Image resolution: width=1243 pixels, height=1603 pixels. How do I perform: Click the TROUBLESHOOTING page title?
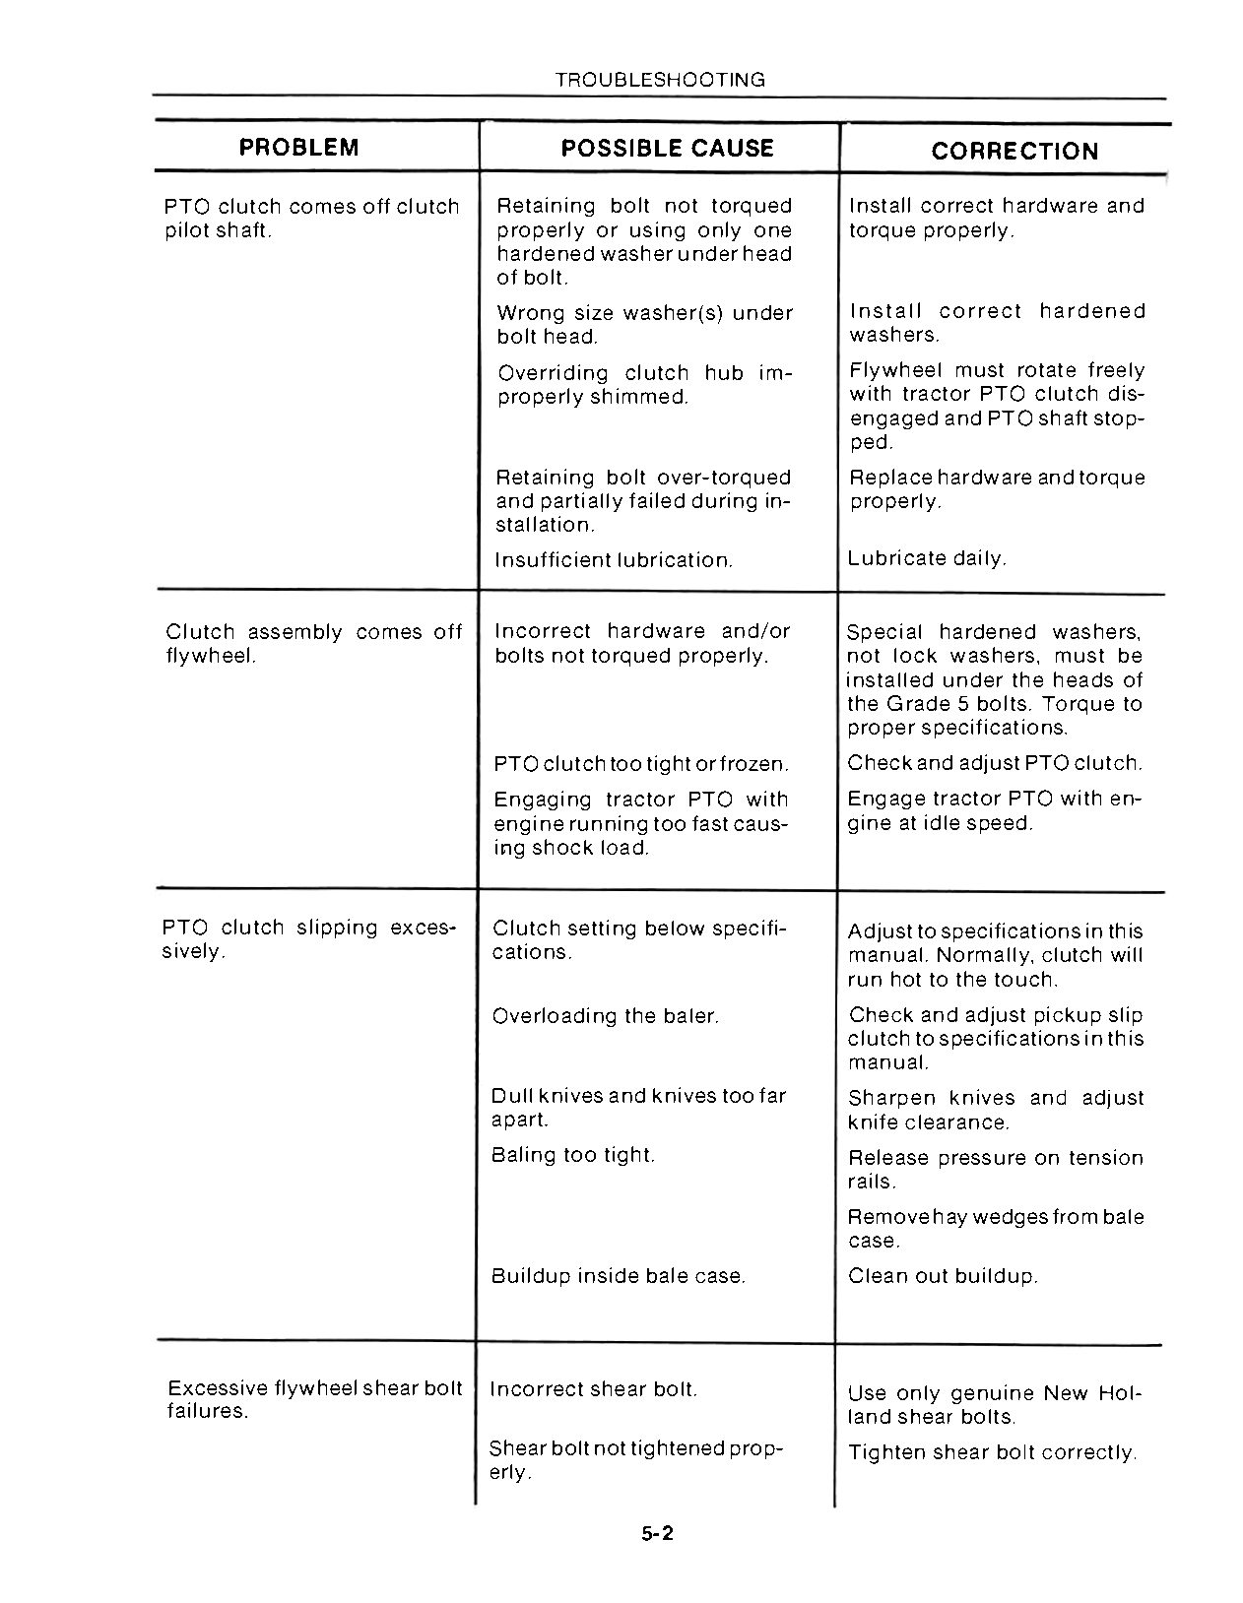tap(660, 80)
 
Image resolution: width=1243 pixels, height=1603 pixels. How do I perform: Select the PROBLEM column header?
tap(299, 148)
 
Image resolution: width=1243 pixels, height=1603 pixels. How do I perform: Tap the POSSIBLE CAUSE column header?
tap(667, 148)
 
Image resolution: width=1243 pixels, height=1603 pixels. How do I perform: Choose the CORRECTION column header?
tap(1014, 151)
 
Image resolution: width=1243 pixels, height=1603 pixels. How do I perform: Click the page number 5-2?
tap(656, 1533)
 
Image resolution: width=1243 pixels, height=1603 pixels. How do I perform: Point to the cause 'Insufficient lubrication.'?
tap(614, 560)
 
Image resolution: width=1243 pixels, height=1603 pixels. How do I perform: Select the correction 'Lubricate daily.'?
tap(927, 558)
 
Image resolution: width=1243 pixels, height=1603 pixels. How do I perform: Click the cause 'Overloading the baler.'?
tap(605, 1015)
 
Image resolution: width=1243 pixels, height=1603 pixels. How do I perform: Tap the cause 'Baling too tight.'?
tap(573, 1154)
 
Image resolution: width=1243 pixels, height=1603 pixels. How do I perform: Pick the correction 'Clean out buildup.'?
tap(943, 1276)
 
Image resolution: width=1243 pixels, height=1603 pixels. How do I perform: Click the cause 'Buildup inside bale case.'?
tap(619, 1276)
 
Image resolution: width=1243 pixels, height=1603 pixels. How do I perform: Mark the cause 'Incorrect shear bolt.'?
tap(593, 1389)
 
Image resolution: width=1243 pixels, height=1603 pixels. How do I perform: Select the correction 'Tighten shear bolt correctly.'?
tap(993, 1452)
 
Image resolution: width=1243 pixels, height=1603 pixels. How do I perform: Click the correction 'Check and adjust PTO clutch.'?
tap(995, 763)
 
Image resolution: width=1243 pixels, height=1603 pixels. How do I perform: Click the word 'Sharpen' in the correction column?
tap(891, 1098)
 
